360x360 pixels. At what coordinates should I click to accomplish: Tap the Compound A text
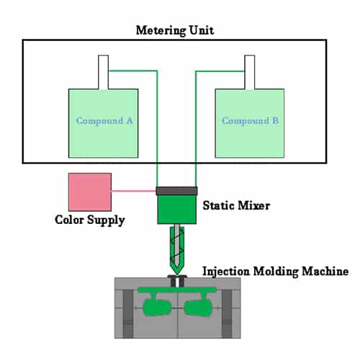click(x=104, y=121)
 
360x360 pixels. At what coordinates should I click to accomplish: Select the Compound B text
click(x=250, y=121)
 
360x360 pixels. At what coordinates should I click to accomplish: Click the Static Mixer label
click(x=237, y=206)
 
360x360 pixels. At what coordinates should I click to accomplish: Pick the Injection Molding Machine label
click(x=276, y=271)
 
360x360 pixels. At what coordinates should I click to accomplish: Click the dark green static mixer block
click(x=177, y=209)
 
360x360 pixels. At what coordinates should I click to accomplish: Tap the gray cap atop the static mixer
click(x=177, y=190)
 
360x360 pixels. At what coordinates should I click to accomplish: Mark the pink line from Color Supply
click(x=134, y=192)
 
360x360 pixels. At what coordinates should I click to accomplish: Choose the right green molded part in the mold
click(x=198, y=308)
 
